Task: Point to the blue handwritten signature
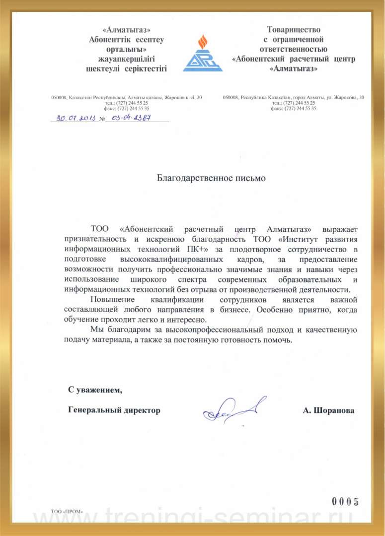(233, 410)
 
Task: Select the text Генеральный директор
(114, 410)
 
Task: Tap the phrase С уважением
(95, 390)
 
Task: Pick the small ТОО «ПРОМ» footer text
(67, 511)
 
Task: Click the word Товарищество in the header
(294, 30)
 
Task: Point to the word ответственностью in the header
(293, 49)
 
